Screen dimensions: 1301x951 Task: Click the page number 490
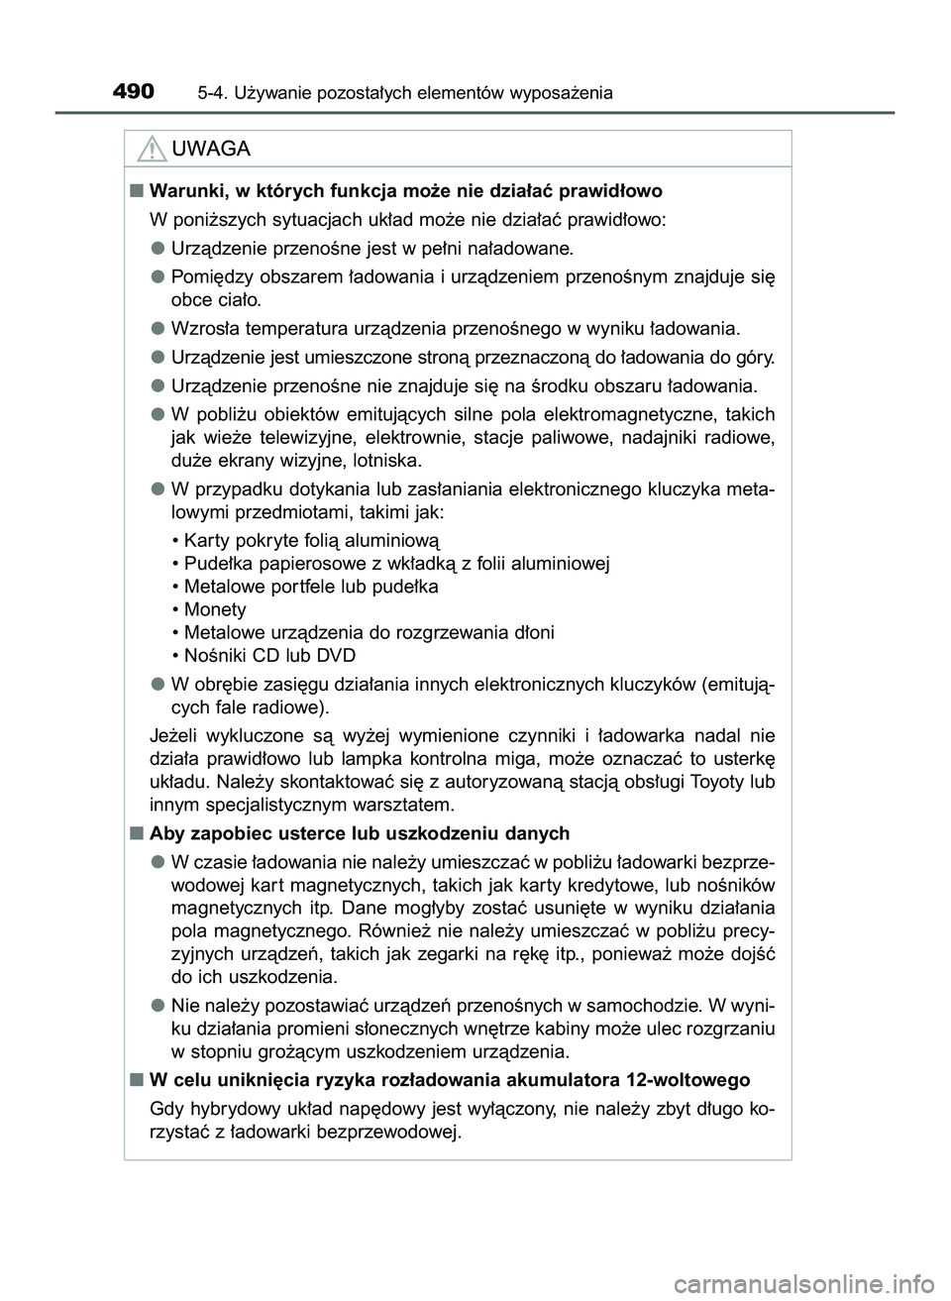(134, 92)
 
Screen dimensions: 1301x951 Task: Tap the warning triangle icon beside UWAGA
(152, 151)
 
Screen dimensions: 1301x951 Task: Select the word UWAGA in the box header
(210, 150)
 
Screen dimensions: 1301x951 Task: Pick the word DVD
(337, 655)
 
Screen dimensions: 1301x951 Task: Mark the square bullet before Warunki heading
(133, 190)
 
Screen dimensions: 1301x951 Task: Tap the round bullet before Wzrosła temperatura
(158, 328)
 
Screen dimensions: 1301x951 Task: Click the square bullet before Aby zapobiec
(133, 832)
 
